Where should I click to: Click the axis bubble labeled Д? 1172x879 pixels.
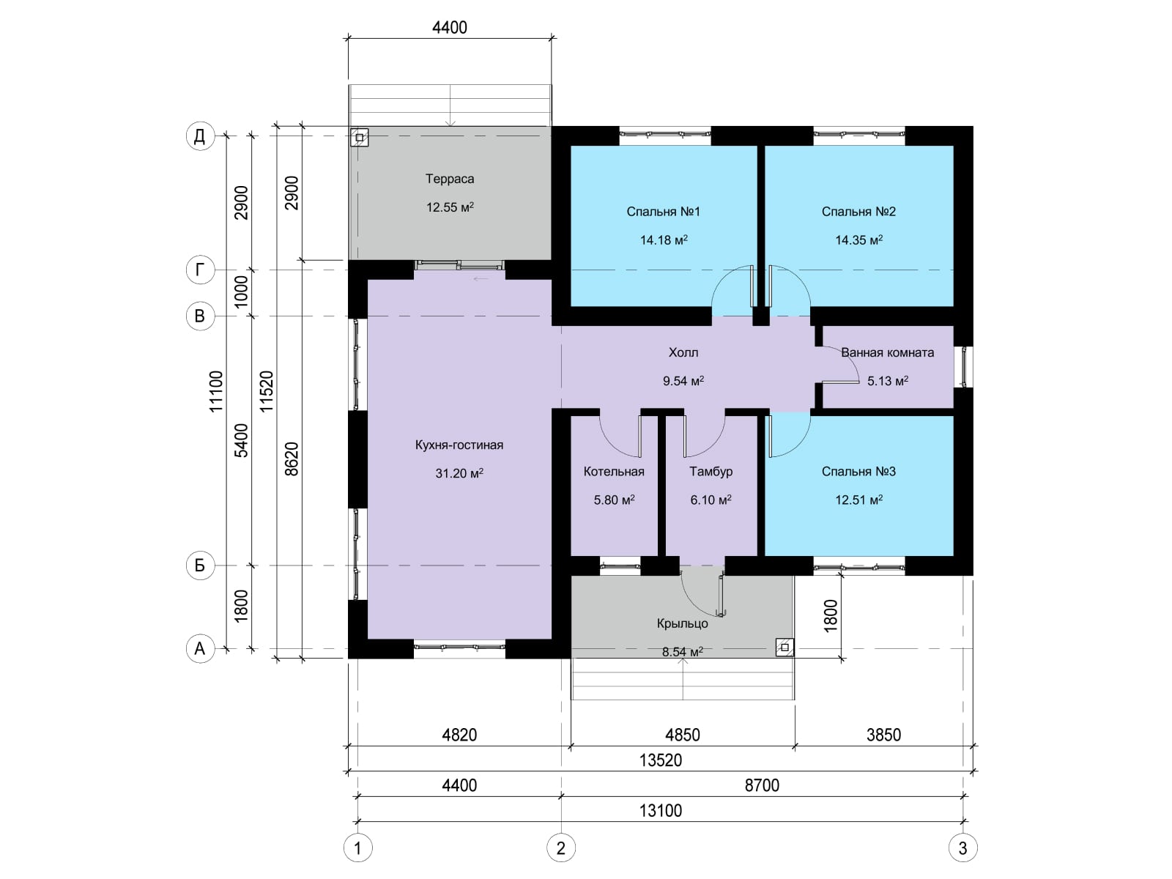200,136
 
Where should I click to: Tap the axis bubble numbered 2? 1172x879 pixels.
560,848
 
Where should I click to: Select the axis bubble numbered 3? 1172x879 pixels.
963,848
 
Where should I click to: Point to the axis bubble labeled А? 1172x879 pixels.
200,648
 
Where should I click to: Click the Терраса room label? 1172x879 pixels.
450,179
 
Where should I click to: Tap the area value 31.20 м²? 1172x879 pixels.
459,473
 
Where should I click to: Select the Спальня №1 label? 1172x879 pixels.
663,212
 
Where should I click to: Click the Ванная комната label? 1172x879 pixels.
887,352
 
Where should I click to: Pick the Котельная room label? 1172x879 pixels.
614,471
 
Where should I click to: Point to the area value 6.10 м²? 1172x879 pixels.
711,500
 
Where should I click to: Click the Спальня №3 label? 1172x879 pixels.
858,471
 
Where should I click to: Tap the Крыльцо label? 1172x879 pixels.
683,623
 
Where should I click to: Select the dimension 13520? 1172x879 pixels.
661,760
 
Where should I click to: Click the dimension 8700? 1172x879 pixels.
762,785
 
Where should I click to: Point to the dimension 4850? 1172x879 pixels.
683,735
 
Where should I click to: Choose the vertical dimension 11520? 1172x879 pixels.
267,391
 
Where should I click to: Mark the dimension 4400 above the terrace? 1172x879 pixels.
450,27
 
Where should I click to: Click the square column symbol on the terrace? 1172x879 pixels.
360,138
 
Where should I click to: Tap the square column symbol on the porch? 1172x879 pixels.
785,648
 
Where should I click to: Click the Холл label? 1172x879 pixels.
683,352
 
